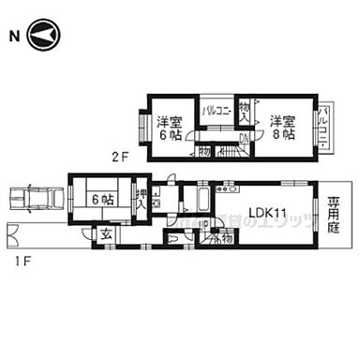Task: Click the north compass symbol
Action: [x=44, y=37]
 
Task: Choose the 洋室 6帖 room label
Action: [x=170, y=127]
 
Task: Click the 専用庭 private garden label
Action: [x=333, y=213]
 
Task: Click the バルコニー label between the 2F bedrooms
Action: [x=217, y=110]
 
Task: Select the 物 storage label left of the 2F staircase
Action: [x=204, y=150]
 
